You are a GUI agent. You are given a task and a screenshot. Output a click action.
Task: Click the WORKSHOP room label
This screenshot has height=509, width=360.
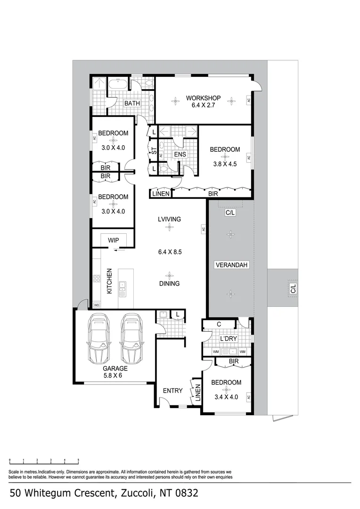click(x=203, y=98)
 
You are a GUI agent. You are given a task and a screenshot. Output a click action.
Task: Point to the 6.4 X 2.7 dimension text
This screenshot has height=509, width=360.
click(x=203, y=106)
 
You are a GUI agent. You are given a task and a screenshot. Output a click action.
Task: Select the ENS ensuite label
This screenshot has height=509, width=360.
click(x=180, y=154)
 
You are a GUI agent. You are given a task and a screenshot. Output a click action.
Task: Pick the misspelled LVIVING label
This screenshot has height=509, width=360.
click(x=169, y=219)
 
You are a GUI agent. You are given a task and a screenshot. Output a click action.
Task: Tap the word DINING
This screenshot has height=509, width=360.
click(x=169, y=284)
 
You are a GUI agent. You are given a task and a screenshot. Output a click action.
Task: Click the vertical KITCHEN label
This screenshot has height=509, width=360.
click(x=109, y=281)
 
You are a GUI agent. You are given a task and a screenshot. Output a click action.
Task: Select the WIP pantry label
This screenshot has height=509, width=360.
click(x=114, y=240)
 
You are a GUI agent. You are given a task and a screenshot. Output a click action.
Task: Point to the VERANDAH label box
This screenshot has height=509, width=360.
click(x=231, y=265)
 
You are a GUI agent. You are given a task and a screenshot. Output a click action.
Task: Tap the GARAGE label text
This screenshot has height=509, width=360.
click(x=115, y=369)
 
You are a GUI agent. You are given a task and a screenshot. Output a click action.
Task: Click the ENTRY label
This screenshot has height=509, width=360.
click(x=172, y=391)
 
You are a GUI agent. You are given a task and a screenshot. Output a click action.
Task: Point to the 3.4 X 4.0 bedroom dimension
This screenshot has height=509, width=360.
click(x=226, y=397)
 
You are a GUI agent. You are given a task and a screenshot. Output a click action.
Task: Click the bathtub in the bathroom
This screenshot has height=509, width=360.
click(x=118, y=84)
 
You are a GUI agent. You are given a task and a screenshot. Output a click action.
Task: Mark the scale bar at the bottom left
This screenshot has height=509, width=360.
click(x=44, y=459)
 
